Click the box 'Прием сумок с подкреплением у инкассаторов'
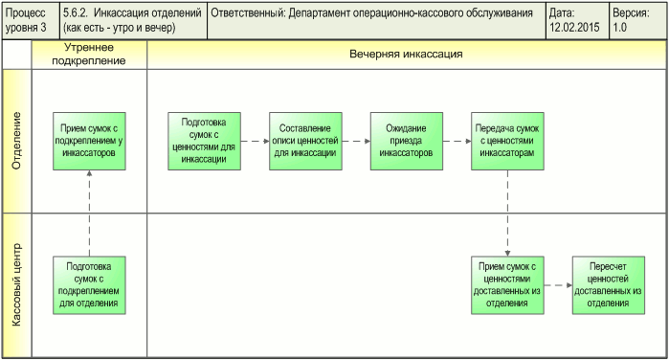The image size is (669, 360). (x=89, y=141)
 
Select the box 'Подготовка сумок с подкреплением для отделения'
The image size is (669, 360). (x=89, y=284)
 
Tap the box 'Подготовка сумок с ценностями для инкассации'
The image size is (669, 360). (x=203, y=141)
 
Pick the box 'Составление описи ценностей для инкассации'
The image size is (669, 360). (x=304, y=141)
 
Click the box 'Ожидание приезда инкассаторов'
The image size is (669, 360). (x=406, y=141)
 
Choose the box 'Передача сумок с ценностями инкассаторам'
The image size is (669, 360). (x=507, y=141)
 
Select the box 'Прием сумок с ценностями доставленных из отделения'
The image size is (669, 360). (x=507, y=284)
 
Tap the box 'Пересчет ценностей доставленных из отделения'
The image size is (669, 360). (x=609, y=284)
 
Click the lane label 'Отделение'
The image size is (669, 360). (x=16, y=141)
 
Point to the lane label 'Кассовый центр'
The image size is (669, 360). (x=16, y=284)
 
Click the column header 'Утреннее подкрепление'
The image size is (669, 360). (x=89, y=55)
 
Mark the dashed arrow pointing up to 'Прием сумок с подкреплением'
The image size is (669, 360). (x=89, y=213)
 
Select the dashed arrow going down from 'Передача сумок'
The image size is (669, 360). (x=507, y=213)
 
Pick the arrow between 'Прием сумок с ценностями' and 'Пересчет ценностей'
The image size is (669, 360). (x=558, y=284)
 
